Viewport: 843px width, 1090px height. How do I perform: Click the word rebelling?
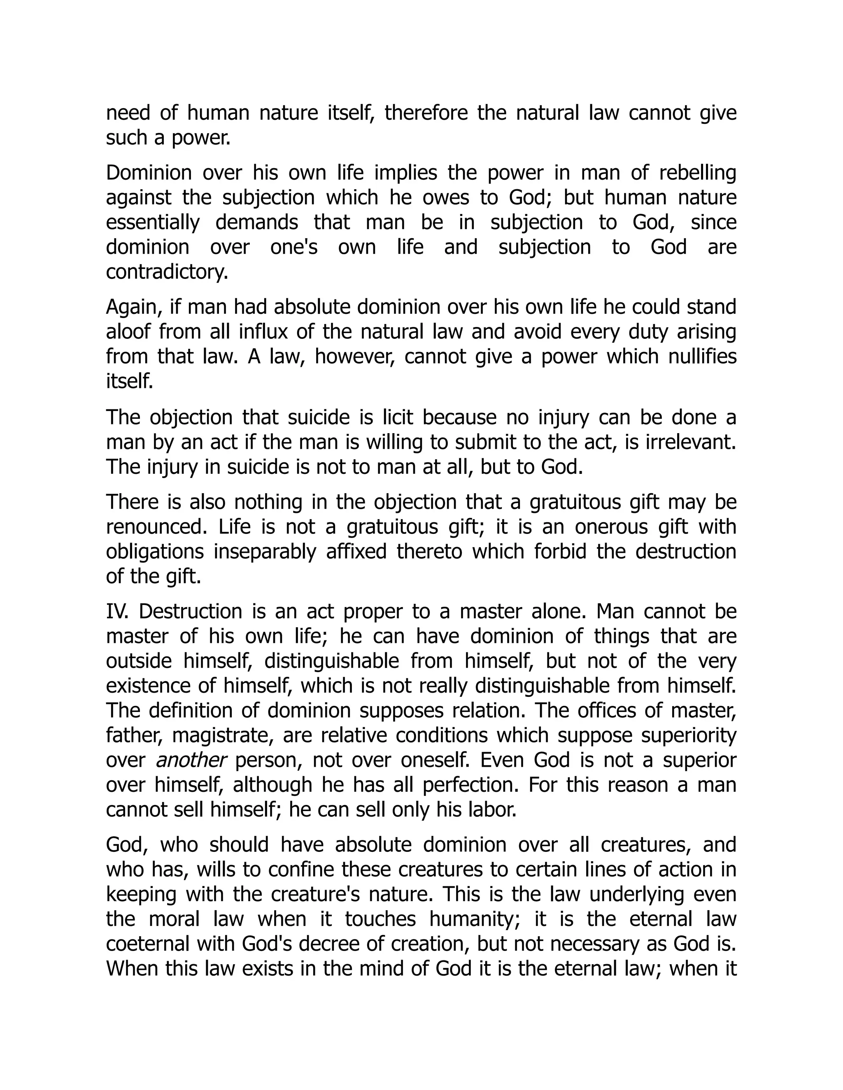[698, 173]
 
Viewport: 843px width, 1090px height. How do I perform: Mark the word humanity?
[466, 919]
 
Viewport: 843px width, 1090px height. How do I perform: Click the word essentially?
[152, 223]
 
